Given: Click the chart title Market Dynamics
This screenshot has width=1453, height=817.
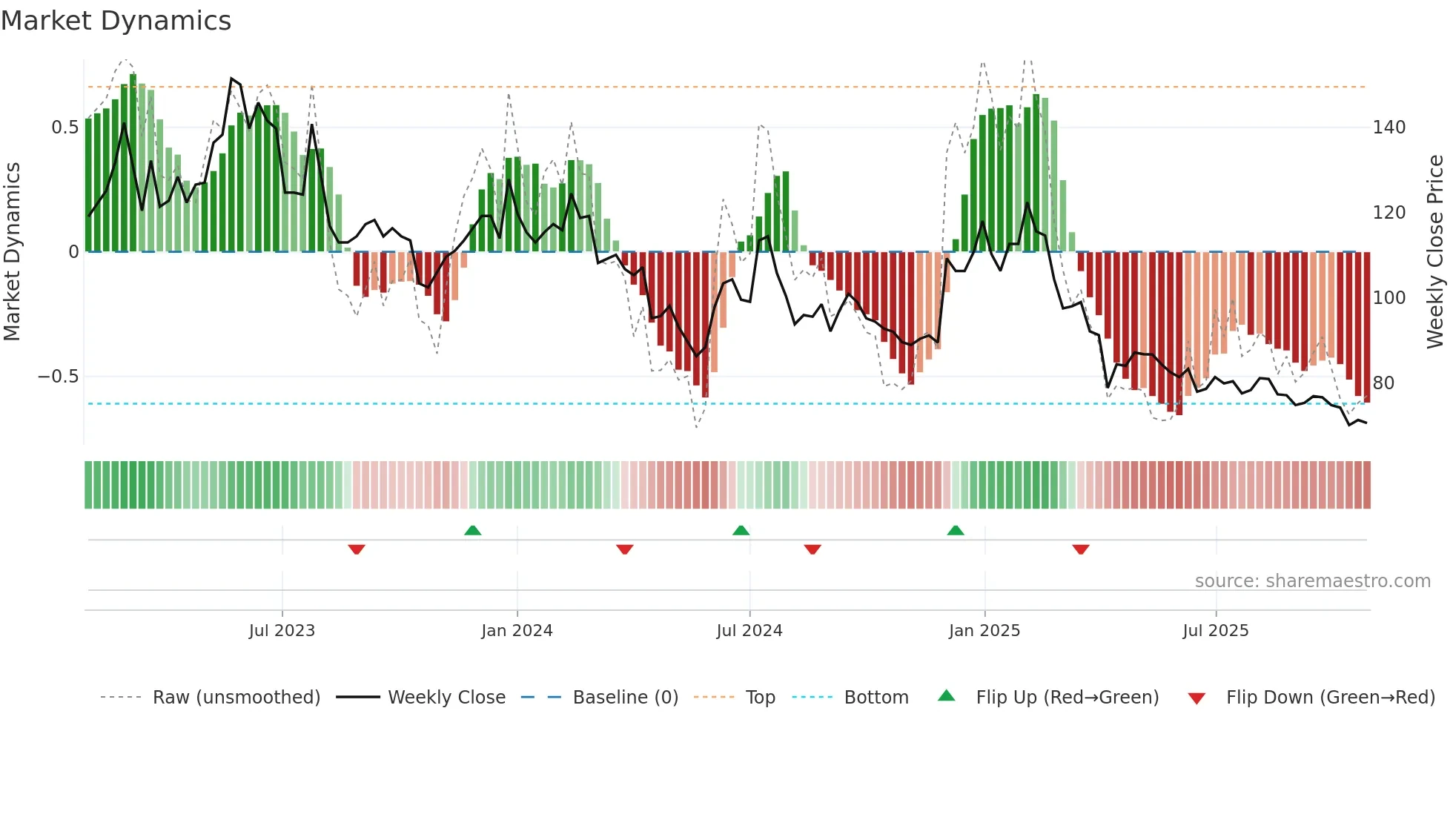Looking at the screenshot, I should point(116,21).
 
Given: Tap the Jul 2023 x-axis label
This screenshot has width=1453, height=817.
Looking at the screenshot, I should point(282,631).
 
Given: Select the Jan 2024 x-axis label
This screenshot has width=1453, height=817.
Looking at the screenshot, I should point(517,631).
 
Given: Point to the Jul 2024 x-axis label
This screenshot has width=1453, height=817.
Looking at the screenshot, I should point(749,631).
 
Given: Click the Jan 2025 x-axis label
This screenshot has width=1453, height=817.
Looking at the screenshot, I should point(984,631).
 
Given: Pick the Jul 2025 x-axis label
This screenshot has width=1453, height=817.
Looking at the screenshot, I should point(1215,631).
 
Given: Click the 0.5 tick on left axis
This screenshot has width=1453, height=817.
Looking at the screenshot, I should point(64,128).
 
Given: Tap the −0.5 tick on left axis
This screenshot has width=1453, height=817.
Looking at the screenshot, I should point(58,377).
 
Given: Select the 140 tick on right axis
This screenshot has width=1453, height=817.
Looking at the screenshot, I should point(1389,128).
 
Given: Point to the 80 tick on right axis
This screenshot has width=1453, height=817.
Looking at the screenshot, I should point(1383,383).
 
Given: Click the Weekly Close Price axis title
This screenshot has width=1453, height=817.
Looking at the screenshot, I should point(1435,252).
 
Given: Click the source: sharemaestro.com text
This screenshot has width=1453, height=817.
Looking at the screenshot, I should point(1312,581).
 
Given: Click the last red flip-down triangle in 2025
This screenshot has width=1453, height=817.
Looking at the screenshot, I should point(1080,549).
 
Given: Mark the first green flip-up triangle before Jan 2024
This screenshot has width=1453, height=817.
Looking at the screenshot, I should point(472,530).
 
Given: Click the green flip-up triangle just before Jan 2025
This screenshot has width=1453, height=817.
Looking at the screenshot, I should point(956,530).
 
